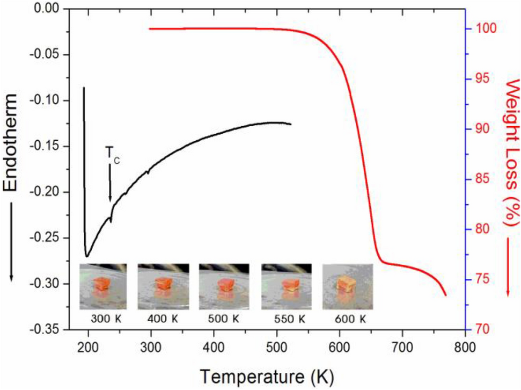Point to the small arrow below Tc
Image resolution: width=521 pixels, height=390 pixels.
click(110, 183)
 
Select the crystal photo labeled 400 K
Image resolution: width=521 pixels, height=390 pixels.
click(162, 286)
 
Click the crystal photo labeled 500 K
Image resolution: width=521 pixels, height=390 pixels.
click(223, 286)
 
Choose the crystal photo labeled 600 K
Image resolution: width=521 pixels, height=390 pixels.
click(347, 286)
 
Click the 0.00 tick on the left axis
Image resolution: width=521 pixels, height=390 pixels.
click(50, 9)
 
